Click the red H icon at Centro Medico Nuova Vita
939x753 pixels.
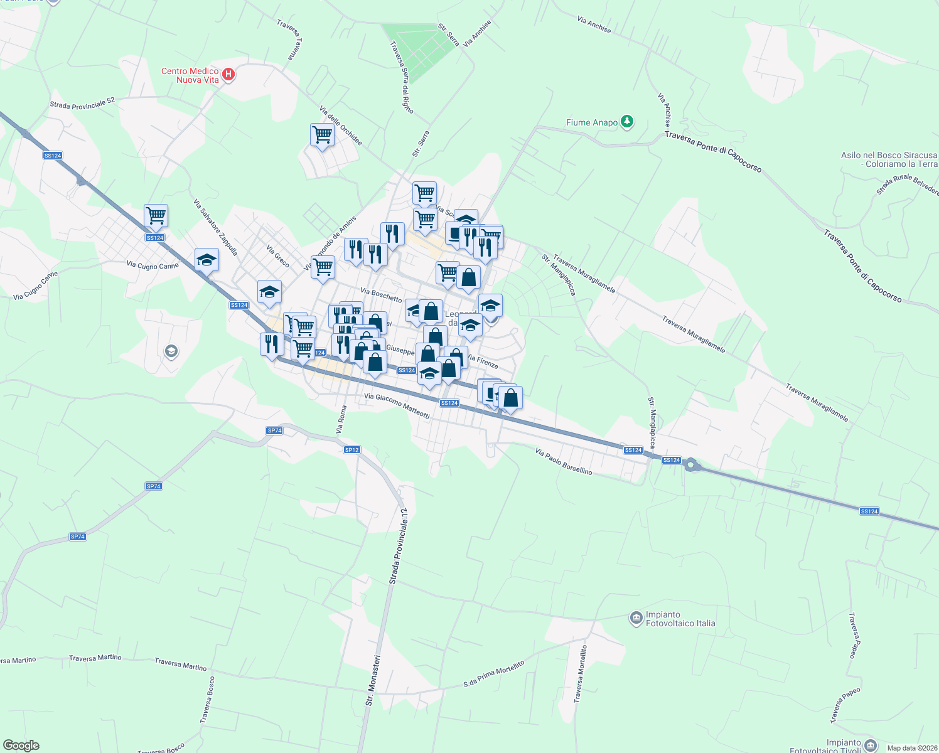coord(228,75)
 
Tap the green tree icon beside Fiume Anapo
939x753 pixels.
coord(626,122)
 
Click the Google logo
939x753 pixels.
coord(21,745)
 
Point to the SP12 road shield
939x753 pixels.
coord(352,450)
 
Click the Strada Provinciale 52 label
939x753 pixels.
coord(82,103)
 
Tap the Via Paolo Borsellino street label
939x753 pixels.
coord(564,461)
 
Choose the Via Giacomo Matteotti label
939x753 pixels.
coord(397,405)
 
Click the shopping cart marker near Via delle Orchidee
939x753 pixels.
coord(322,134)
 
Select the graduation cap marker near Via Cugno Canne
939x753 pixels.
coord(207,260)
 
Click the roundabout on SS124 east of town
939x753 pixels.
coord(691,465)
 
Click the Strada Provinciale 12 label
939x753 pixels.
coord(399,546)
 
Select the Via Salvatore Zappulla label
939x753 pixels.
coord(216,227)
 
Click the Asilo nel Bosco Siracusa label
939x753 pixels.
coord(889,159)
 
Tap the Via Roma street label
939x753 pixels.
coord(341,419)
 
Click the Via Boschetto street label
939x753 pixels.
coord(381,294)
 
